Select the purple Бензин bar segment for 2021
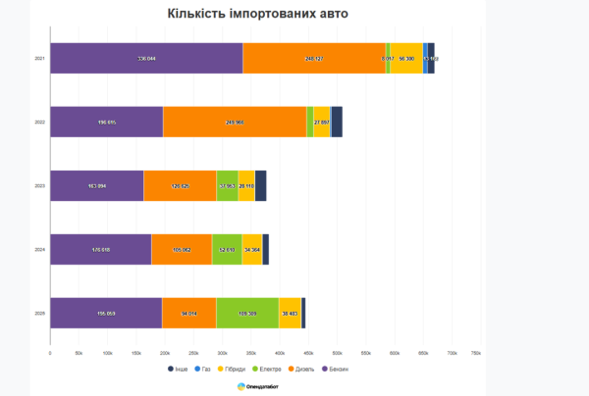[146, 59]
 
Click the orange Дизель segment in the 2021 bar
[314, 59]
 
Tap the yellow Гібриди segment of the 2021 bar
[406, 59]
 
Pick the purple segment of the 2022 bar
[106, 122]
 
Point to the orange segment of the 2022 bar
[235, 122]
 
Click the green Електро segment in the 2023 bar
[227, 185]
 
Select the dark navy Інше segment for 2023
[260, 185]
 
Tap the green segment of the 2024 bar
[227, 249]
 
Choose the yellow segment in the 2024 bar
[251, 249]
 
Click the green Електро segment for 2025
[247, 313]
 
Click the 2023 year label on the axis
[39, 185]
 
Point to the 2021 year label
[39, 59]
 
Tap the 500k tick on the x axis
[337, 352]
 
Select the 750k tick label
[476, 352]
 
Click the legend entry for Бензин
[334, 369]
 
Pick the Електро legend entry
[267, 369]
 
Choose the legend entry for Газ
[202, 369]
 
